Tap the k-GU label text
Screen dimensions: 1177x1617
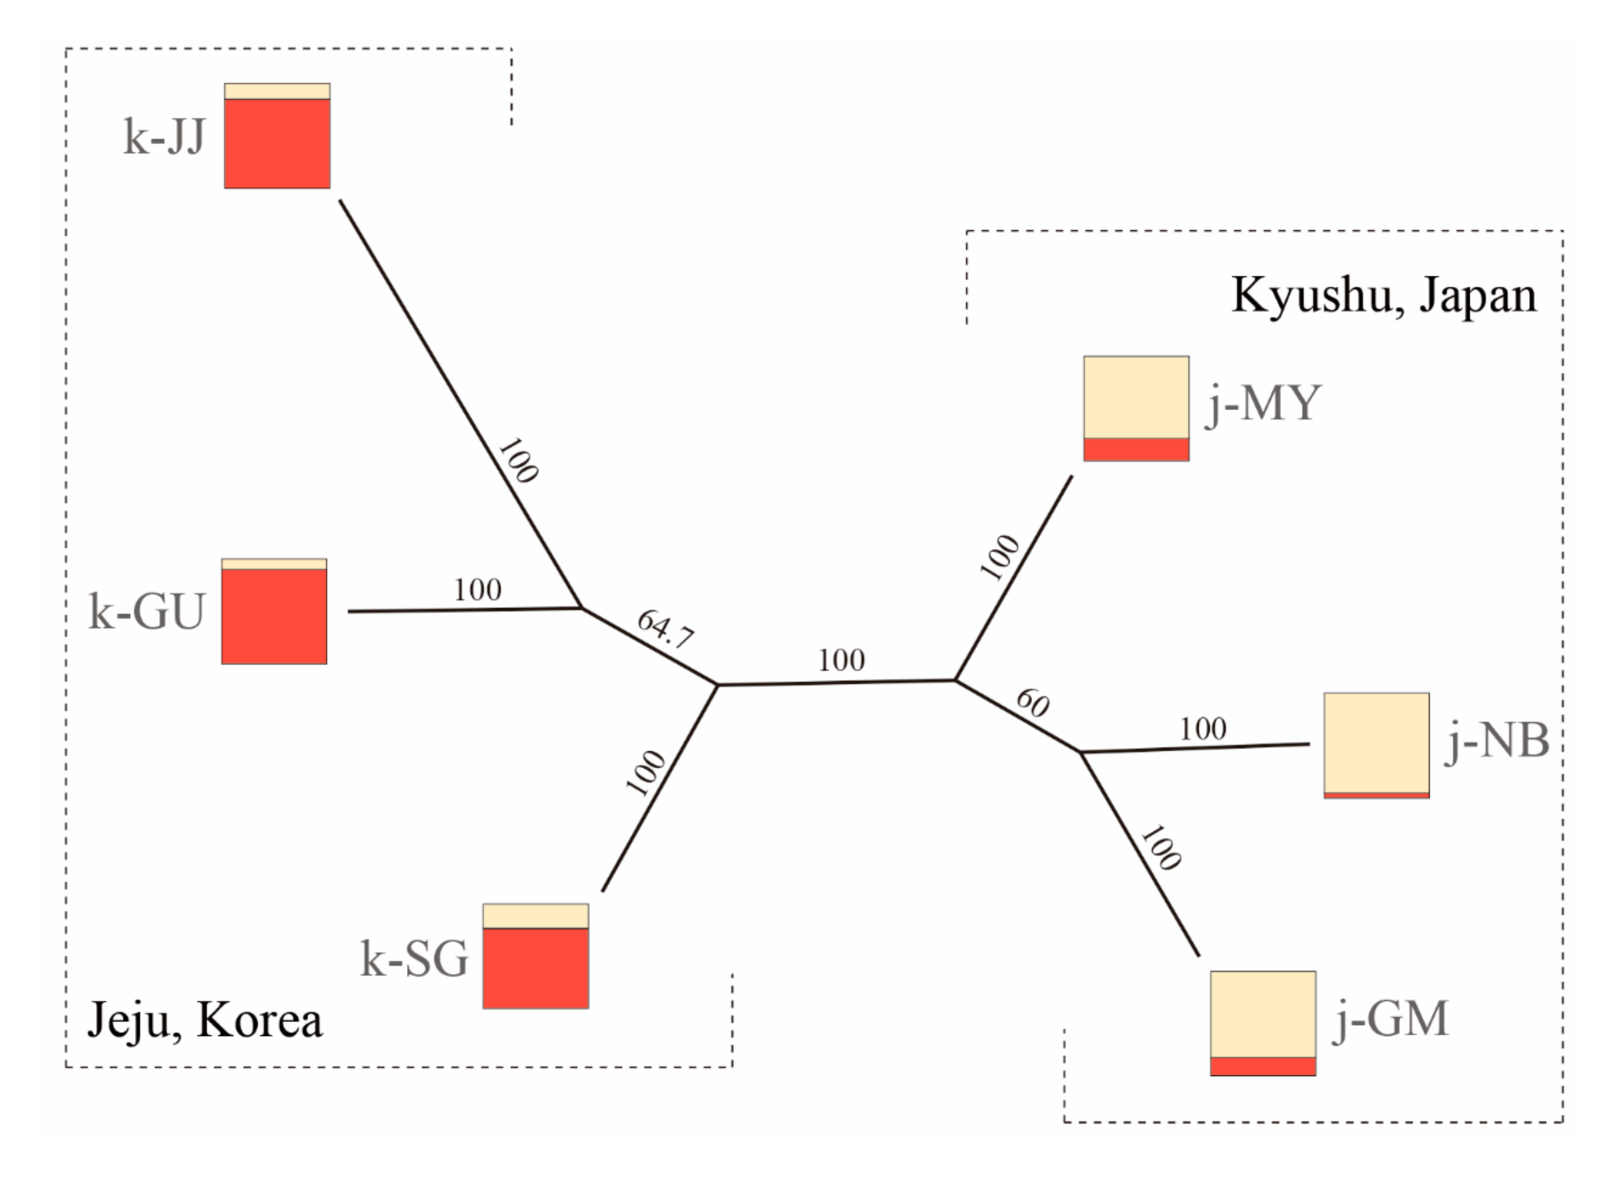pos(147,612)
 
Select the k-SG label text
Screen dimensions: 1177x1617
pos(414,959)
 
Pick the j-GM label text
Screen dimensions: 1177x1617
pos(1391,1019)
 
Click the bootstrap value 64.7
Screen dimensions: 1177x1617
pos(665,629)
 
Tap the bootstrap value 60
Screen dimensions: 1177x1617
pos(1032,703)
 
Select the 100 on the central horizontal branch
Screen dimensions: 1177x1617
pos(841,661)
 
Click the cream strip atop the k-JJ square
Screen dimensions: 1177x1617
pos(277,91)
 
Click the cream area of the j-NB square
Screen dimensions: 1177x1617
pos(1377,742)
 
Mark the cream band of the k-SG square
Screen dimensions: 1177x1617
pos(536,916)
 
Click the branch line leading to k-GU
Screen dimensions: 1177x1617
pos(463,610)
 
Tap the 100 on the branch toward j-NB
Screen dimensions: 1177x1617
pos(1203,729)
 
